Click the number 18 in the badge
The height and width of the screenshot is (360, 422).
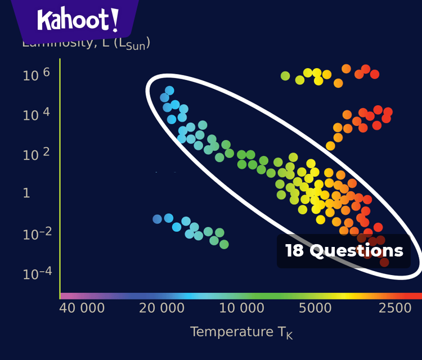(x=294, y=251)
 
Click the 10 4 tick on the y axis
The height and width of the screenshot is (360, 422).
(x=37, y=115)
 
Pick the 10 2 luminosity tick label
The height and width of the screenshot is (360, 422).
(x=37, y=154)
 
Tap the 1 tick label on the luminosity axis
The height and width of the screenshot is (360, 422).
(x=26, y=193)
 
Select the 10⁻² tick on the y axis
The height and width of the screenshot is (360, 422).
(x=37, y=233)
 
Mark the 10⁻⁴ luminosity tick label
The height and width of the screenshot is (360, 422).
(x=37, y=273)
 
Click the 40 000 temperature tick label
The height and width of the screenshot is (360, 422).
(x=82, y=308)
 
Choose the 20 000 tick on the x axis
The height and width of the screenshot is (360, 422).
(x=162, y=308)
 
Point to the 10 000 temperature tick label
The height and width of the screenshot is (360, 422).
(x=241, y=308)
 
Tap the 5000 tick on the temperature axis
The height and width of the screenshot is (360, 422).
(x=315, y=308)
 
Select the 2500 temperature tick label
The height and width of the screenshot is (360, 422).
(x=395, y=308)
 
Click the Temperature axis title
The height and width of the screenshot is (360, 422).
(x=241, y=332)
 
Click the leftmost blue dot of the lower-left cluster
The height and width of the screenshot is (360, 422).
(x=157, y=219)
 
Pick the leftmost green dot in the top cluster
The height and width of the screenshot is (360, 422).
(x=285, y=76)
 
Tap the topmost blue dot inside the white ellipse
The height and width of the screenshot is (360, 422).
(x=169, y=91)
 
